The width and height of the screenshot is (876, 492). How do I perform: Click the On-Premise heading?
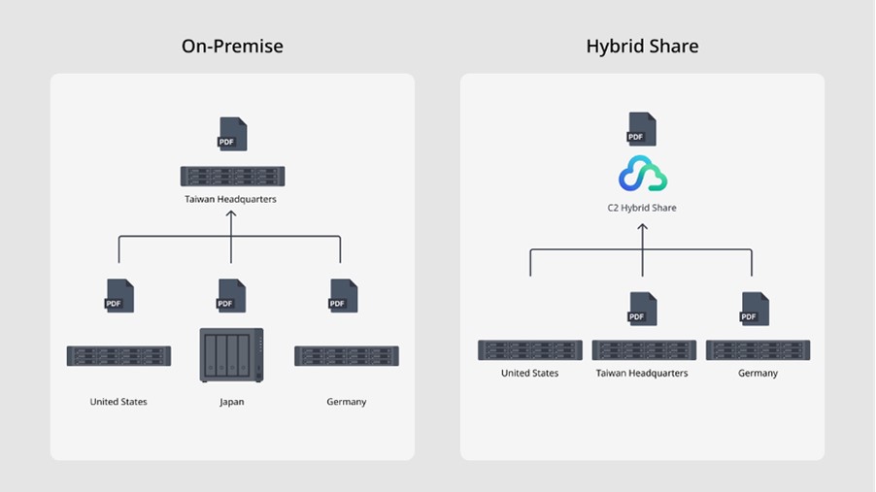(x=232, y=46)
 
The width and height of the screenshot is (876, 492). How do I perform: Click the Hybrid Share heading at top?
(x=642, y=46)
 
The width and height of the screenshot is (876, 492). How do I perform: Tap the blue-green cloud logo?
(x=643, y=174)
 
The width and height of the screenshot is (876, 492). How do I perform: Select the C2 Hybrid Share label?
(x=642, y=208)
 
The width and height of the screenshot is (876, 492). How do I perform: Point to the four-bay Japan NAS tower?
(x=231, y=355)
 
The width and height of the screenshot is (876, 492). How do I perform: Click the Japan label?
(x=232, y=402)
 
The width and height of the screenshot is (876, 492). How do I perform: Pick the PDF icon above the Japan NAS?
(x=231, y=295)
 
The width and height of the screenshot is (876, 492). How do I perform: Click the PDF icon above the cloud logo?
(x=641, y=129)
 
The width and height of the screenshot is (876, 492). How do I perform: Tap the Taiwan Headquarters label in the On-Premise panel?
(x=231, y=200)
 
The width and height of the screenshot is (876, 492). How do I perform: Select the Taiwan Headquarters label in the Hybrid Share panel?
(x=642, y=373)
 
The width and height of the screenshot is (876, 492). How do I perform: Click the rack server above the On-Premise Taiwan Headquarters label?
(x=232, y=176)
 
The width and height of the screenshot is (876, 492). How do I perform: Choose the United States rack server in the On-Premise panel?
(x=118, y=355)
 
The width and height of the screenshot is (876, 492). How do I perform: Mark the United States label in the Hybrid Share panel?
(x=529, y=373)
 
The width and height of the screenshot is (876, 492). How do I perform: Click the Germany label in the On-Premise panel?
(x=347, y=402)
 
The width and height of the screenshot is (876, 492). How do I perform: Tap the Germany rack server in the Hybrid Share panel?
(x=758, y=349)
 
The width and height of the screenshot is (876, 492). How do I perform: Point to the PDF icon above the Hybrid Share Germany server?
(x=754, y=310)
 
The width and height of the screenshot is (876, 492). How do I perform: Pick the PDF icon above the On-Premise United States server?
(x=118, y=295)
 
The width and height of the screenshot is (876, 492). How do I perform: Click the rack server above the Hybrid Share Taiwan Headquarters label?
(x=644, y=349)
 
